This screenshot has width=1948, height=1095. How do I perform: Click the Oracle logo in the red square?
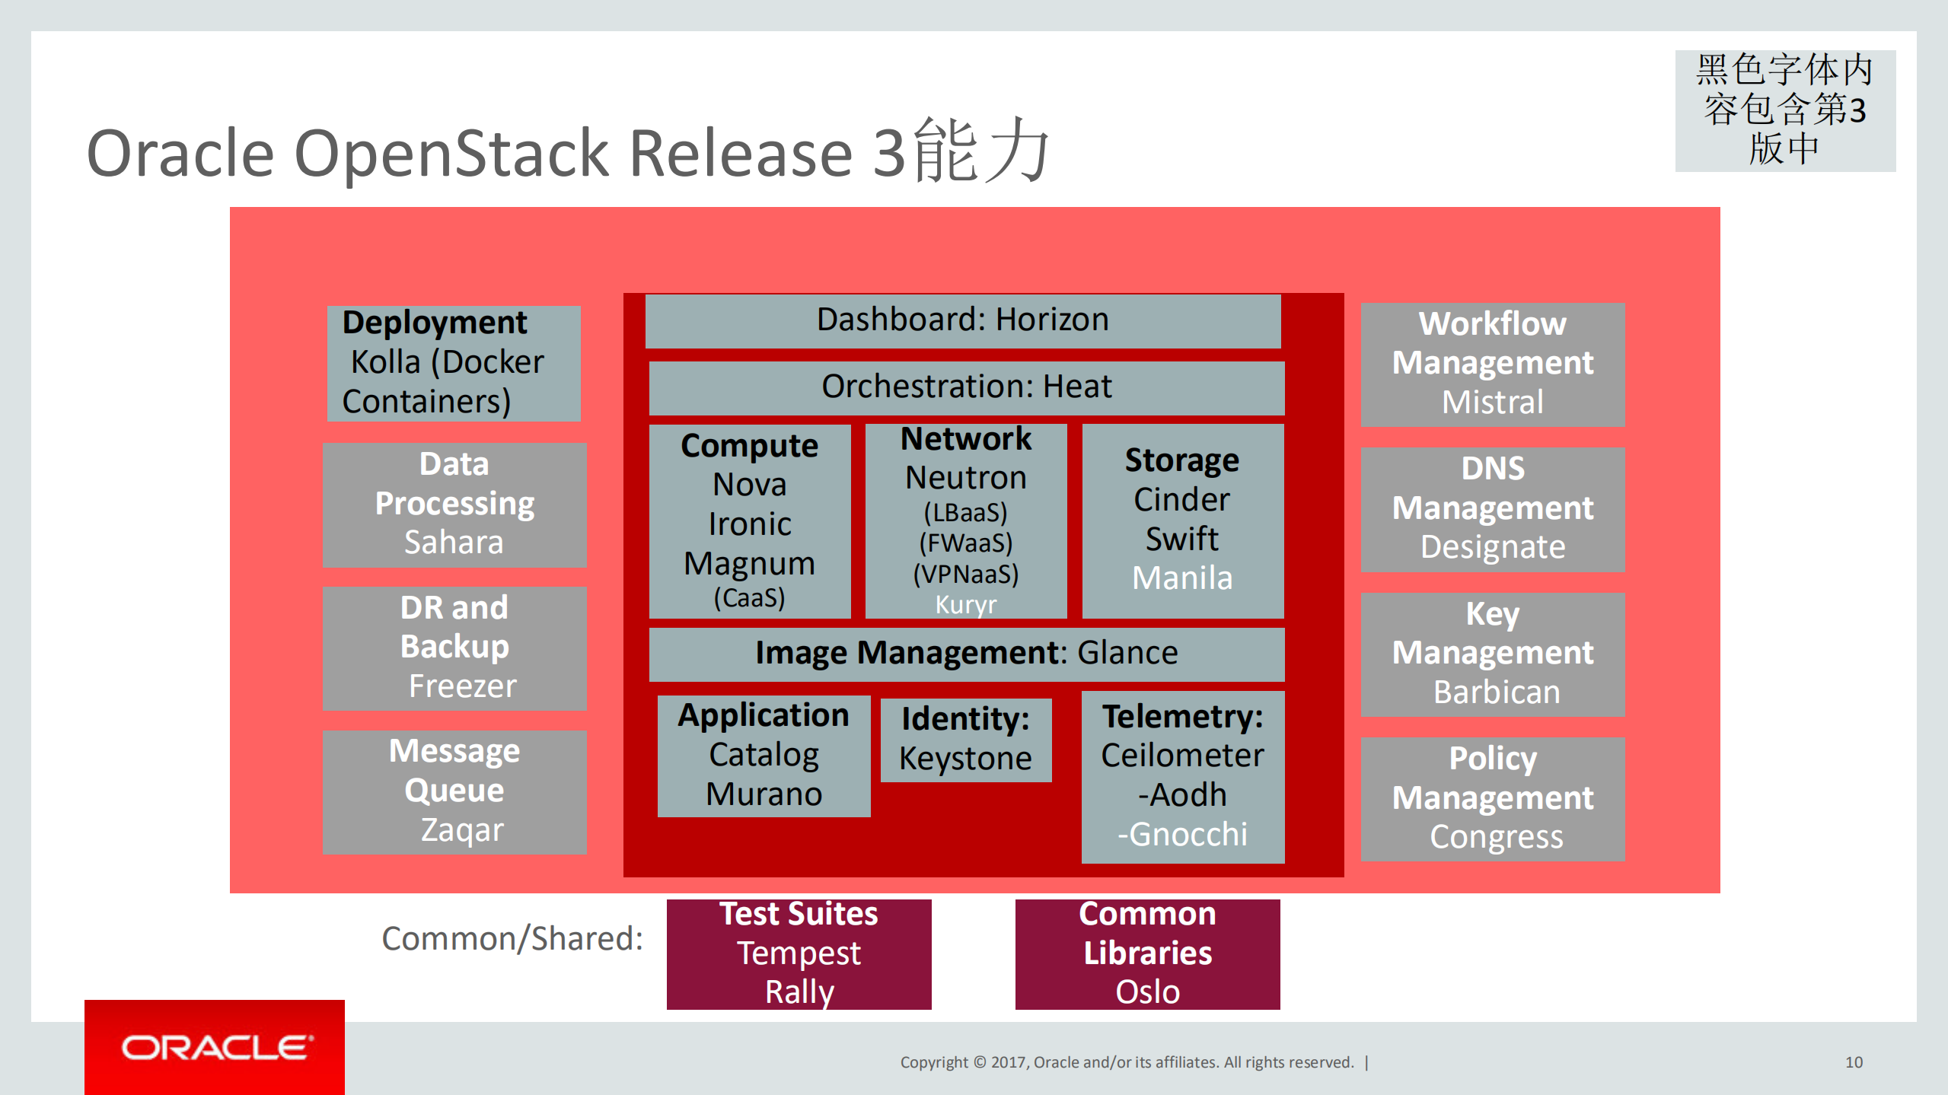click(216, 1048)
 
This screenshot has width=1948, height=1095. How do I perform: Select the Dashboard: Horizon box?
click(962, 320)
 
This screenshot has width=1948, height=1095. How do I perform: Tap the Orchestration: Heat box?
click(966, 387)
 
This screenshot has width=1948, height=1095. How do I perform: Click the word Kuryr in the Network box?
click(965, 605)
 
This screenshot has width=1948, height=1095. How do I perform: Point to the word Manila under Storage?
click(1181, 578)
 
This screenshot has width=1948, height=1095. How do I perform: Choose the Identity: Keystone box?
click(965, 740)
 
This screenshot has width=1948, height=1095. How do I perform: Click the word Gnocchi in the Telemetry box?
click(1187, 835)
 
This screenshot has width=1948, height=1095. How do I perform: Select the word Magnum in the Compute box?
click(749, 564)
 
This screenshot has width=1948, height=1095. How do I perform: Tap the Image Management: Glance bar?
click(966, 654)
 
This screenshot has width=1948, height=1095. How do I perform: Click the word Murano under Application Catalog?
click(764, 794)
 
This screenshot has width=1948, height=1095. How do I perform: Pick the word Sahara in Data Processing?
click(454, 543)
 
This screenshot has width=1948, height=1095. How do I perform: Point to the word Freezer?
click(462, 686)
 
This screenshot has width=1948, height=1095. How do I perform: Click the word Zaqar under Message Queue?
click(462, 830)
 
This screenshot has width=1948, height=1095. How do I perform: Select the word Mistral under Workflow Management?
click(1492, 403)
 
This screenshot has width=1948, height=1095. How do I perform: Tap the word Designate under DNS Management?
click(1492, 547)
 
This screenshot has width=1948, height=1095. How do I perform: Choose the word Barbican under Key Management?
click(1496, 692)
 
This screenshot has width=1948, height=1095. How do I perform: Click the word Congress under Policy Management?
click(1496, 837)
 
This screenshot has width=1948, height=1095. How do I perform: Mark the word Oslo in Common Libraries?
click(1147, 992)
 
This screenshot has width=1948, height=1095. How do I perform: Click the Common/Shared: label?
click(512, 939)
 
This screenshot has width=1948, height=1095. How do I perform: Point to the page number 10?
click(1854, 1062)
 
